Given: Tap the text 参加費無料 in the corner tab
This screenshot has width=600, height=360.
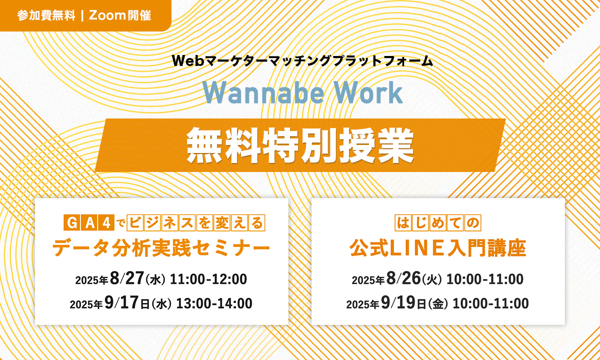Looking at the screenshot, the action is click(x=46, y=15).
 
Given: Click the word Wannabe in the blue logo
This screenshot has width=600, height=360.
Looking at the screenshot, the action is click(x=263, y=92).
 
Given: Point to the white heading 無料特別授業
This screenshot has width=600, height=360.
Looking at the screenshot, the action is click(x=300, y=145).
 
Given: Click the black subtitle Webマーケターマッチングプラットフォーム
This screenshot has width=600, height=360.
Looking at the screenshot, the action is click(x=302, y=60).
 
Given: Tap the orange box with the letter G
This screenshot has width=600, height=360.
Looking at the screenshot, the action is click(x=72, y=222).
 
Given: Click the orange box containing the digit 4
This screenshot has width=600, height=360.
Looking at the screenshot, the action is click(x=106, y=222).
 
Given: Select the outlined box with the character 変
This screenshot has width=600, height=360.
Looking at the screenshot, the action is click(x=222, y=222).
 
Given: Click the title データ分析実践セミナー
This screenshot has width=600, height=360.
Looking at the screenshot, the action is click(x=161, y=248).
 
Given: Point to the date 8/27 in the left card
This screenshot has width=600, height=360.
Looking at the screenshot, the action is click(x=127, y=278).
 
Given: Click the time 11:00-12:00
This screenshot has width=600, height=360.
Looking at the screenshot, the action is click(x=208, y=279).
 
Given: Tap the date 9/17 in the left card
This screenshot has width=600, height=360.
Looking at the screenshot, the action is click(x=121, y=302).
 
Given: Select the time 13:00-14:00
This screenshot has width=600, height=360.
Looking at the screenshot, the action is click(x=214, y=303).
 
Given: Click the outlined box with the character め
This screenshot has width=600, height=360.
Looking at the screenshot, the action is click(x=438, y=222).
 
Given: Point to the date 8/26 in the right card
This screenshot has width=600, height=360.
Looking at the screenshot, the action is click(x=403, y=278).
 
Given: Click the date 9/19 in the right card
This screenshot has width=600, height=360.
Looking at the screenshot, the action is click(x=398, y=302).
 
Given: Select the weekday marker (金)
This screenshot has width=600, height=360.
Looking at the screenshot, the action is click(x=438, y=304).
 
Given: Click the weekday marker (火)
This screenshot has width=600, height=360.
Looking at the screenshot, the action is click(x=432, y=280).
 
